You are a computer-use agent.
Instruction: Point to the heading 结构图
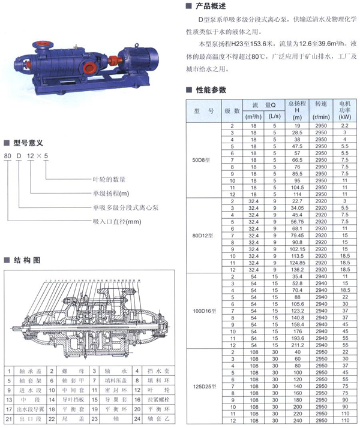26,260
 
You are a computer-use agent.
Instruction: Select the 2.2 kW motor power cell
344,125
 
